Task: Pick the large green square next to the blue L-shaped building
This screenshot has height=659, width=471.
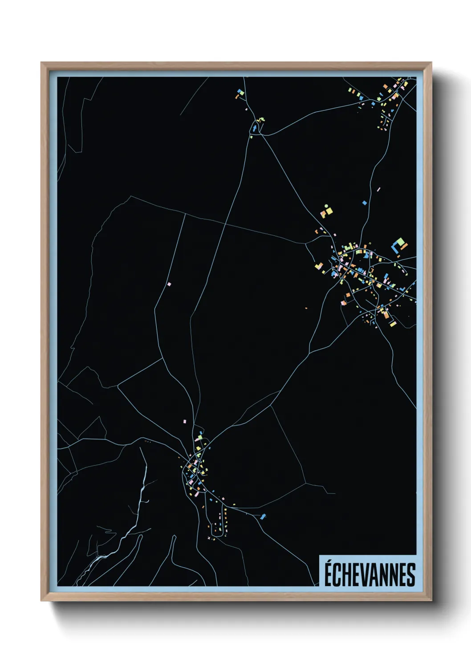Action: click(x=400, y=242)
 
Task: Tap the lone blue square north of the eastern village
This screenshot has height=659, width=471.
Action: click(x=365, y=203)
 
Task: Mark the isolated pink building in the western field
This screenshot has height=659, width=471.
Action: click(x=169, y=283)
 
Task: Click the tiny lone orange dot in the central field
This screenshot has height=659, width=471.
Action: click(x=306, y=307)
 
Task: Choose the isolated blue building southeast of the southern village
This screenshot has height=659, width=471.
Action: click(x=263, y=517)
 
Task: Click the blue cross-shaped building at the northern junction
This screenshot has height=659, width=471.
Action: click(x=255, y=128)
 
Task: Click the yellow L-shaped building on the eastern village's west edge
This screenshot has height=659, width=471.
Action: click(x=318, y=266)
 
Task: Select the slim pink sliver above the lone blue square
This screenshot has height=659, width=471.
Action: click(x=378, y=190)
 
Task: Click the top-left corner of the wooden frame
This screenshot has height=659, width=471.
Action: click(x=41, y=63)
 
